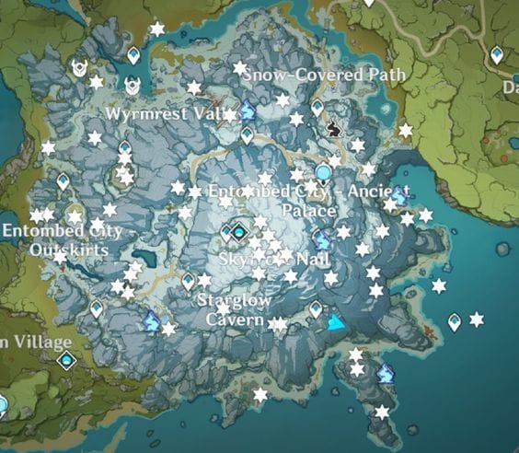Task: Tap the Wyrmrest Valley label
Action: point(172,113)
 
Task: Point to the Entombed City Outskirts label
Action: point(62,239)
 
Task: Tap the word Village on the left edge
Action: point(37,342)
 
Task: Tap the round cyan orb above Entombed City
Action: point(322,172)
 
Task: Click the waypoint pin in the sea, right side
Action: point(454,322)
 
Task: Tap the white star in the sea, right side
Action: point(476,319)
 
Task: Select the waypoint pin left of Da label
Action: point(497,56)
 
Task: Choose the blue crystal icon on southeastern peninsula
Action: point(386,373)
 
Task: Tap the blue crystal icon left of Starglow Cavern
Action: point(152,320)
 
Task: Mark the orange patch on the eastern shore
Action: point(429,329)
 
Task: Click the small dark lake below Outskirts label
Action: point(144,259)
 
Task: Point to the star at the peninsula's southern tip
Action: point(381,412)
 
